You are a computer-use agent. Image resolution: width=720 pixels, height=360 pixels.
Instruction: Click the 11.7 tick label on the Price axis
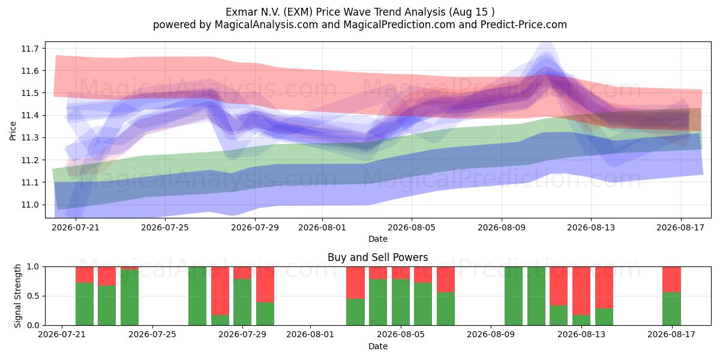(29, 49)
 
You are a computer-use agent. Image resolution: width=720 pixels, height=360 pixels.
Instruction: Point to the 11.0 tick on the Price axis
(29, 205)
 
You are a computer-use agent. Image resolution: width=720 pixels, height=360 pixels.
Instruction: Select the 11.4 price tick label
(29, 115)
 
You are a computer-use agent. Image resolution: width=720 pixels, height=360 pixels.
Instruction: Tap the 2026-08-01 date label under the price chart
(322, 227)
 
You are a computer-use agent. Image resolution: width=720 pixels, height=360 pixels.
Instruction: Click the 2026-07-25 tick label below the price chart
(165, 227)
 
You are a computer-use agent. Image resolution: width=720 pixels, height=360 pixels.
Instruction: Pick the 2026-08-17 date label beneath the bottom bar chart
(671, 335)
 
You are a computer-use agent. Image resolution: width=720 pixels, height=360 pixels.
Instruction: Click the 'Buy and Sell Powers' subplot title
(377, 257)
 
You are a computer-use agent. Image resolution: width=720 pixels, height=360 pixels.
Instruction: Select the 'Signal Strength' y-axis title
(17, 296)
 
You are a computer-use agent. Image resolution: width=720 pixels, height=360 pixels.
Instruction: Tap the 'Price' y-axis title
(13, 131)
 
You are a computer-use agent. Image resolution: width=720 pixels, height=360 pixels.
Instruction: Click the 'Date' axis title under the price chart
(377, 239)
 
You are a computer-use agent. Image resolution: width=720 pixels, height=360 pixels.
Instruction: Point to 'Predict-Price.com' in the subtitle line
(524, 25)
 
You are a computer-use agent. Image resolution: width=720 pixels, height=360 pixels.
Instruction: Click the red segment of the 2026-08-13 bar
(581, 291)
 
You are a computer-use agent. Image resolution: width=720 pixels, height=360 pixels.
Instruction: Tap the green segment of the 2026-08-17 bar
(671, 309)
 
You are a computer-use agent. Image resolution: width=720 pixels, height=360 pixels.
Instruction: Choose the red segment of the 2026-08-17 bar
(671, 280)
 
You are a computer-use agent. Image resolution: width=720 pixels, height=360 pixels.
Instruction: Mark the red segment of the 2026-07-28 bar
(220, 291)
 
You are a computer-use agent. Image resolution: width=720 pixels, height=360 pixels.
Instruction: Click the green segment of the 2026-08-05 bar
(401, 302)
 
